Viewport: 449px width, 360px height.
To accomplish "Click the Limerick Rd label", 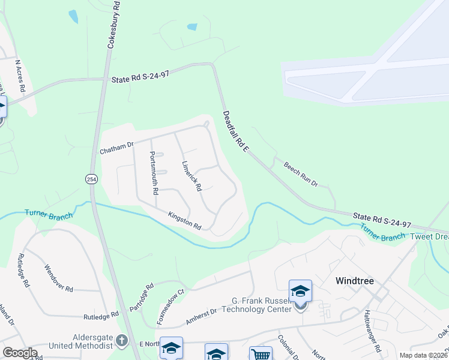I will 191,176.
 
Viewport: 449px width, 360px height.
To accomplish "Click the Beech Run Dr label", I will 300,174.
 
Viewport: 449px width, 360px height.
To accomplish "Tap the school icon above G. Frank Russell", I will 300,292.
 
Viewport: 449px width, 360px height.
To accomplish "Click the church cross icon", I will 122,341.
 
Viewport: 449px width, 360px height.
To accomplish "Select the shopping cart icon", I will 261,354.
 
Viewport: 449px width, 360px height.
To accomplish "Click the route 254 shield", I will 91,179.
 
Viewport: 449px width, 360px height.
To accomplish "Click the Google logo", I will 20,353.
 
